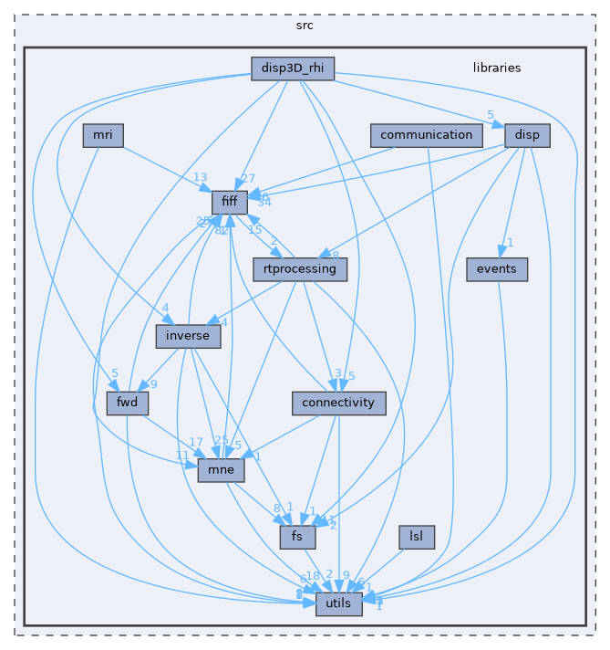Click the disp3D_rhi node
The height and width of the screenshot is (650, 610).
coord(293,68)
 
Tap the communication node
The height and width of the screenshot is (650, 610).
coord(426,136)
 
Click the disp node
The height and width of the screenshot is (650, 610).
coord(527,136)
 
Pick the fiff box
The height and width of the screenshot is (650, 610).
coord(229,203)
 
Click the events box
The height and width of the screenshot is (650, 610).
coord(496,269)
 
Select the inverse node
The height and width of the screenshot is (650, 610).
coord(188,336)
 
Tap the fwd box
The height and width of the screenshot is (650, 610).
coord(122,403)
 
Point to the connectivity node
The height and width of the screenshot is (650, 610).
coord(338,403)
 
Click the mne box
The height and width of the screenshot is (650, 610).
coord(222,470)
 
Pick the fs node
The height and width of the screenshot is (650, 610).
coord(297,537)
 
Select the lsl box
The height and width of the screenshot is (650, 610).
coord(416,537)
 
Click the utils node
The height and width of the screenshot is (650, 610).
coord(338,603)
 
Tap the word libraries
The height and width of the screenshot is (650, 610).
coord(497,68)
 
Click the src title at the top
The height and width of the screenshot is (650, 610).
coord(305,25)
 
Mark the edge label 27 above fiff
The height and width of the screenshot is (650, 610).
coord(248,179)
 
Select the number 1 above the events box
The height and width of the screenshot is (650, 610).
coord(512,243)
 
